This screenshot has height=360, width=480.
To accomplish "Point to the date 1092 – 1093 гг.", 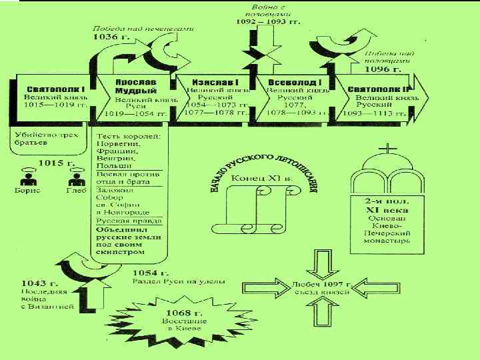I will tap(268, 21).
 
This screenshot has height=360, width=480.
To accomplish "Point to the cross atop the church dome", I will tap(389, 149).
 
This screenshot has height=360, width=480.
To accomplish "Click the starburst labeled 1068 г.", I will tap(158, 320).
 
